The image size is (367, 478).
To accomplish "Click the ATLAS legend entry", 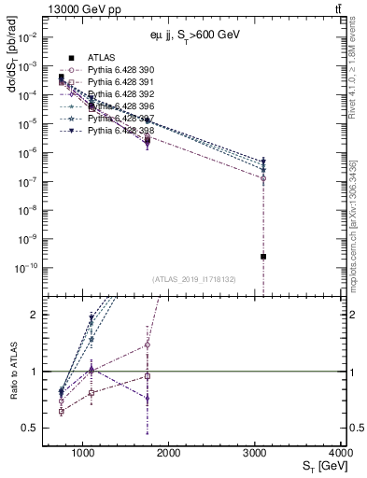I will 104,58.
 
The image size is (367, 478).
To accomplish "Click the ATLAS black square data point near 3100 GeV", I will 263,256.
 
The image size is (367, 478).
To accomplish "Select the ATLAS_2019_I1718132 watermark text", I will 193,278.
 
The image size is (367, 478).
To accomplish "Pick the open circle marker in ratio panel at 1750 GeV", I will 148,344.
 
